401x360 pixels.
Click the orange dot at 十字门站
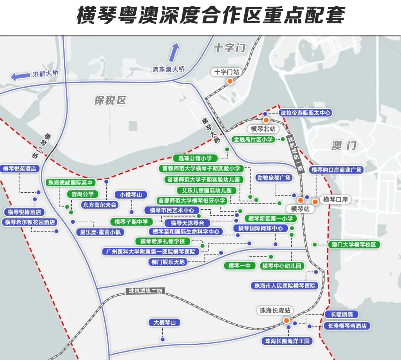point(230,81)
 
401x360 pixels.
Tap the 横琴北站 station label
point(263,129)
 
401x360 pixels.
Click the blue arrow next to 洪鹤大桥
point(20,76)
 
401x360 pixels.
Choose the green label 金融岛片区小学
point(254,140)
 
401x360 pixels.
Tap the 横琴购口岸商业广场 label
point(336,170)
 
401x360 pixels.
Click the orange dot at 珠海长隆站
point(287,320)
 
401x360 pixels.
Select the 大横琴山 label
point(164,323)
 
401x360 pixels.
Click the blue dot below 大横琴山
point(163,339)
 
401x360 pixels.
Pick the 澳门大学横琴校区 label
point(354,245)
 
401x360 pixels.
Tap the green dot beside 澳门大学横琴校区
point(315,245)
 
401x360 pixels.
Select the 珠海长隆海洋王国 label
point(287,341)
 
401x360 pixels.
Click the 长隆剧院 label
point(341,314)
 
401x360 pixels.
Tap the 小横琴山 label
point(131,195)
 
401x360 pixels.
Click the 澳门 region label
point(344,145)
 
